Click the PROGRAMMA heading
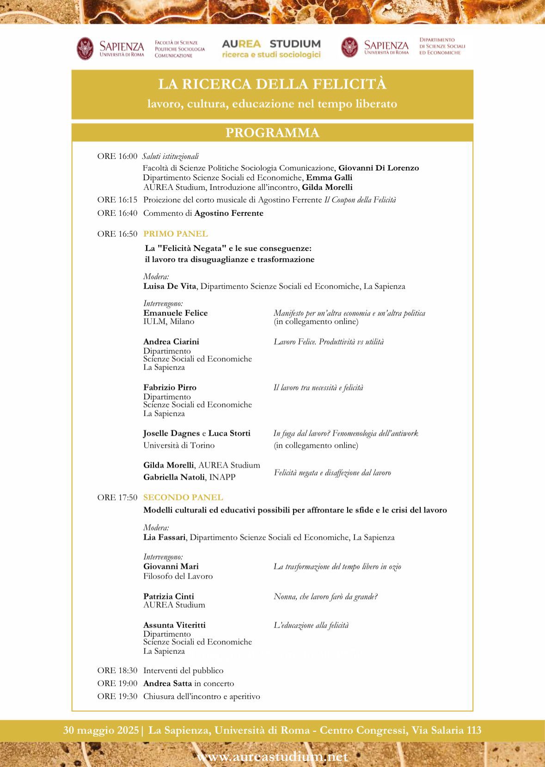tap(272, 133)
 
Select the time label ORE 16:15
tap(117, 200)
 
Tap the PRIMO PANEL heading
tap(176, 234)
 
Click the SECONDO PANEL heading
tap(183, 498)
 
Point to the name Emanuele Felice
tap(176, 313)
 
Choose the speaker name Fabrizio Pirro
tap(170, 387)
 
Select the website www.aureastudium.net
tap(272, 757)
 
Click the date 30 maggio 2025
tap(101, 730)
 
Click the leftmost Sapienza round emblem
tap(85, 48)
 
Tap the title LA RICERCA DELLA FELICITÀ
tap(272, 85)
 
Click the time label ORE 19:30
tap(117, 696)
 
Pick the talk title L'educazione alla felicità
tap(311, 626)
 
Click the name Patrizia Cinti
tap(169, 597)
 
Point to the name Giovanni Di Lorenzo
tap(379, 168)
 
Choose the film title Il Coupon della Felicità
tap(360, 200)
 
